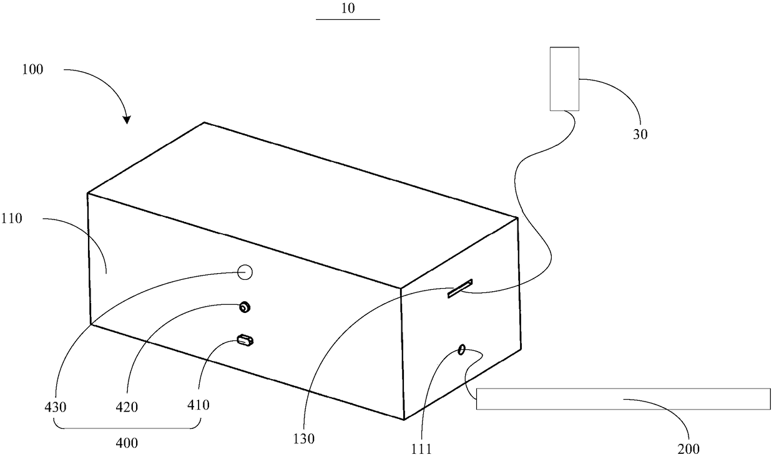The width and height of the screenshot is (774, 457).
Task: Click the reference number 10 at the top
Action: [348, 9]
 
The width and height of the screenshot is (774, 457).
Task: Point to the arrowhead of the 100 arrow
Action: [127, 120]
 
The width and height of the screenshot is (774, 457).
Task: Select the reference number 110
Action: [29, 219]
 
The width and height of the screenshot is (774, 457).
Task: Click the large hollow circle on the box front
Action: [244, 272]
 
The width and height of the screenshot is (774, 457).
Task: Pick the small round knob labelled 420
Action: [245, 307]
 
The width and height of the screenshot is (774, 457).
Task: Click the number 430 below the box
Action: [56, 406]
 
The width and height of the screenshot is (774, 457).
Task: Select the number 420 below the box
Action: [127, 407]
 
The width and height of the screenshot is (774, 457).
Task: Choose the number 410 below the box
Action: [198, 405]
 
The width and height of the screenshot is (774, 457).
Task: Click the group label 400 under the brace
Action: [127, 443]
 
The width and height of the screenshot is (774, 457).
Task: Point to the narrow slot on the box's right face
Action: [460, 288]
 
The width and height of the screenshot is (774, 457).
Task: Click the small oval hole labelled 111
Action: [462, 350]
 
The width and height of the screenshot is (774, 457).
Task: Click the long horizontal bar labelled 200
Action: [622, 398]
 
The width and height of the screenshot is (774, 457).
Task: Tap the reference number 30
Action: [640, 133]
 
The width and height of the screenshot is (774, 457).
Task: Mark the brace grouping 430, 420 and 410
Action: [127, 426]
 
